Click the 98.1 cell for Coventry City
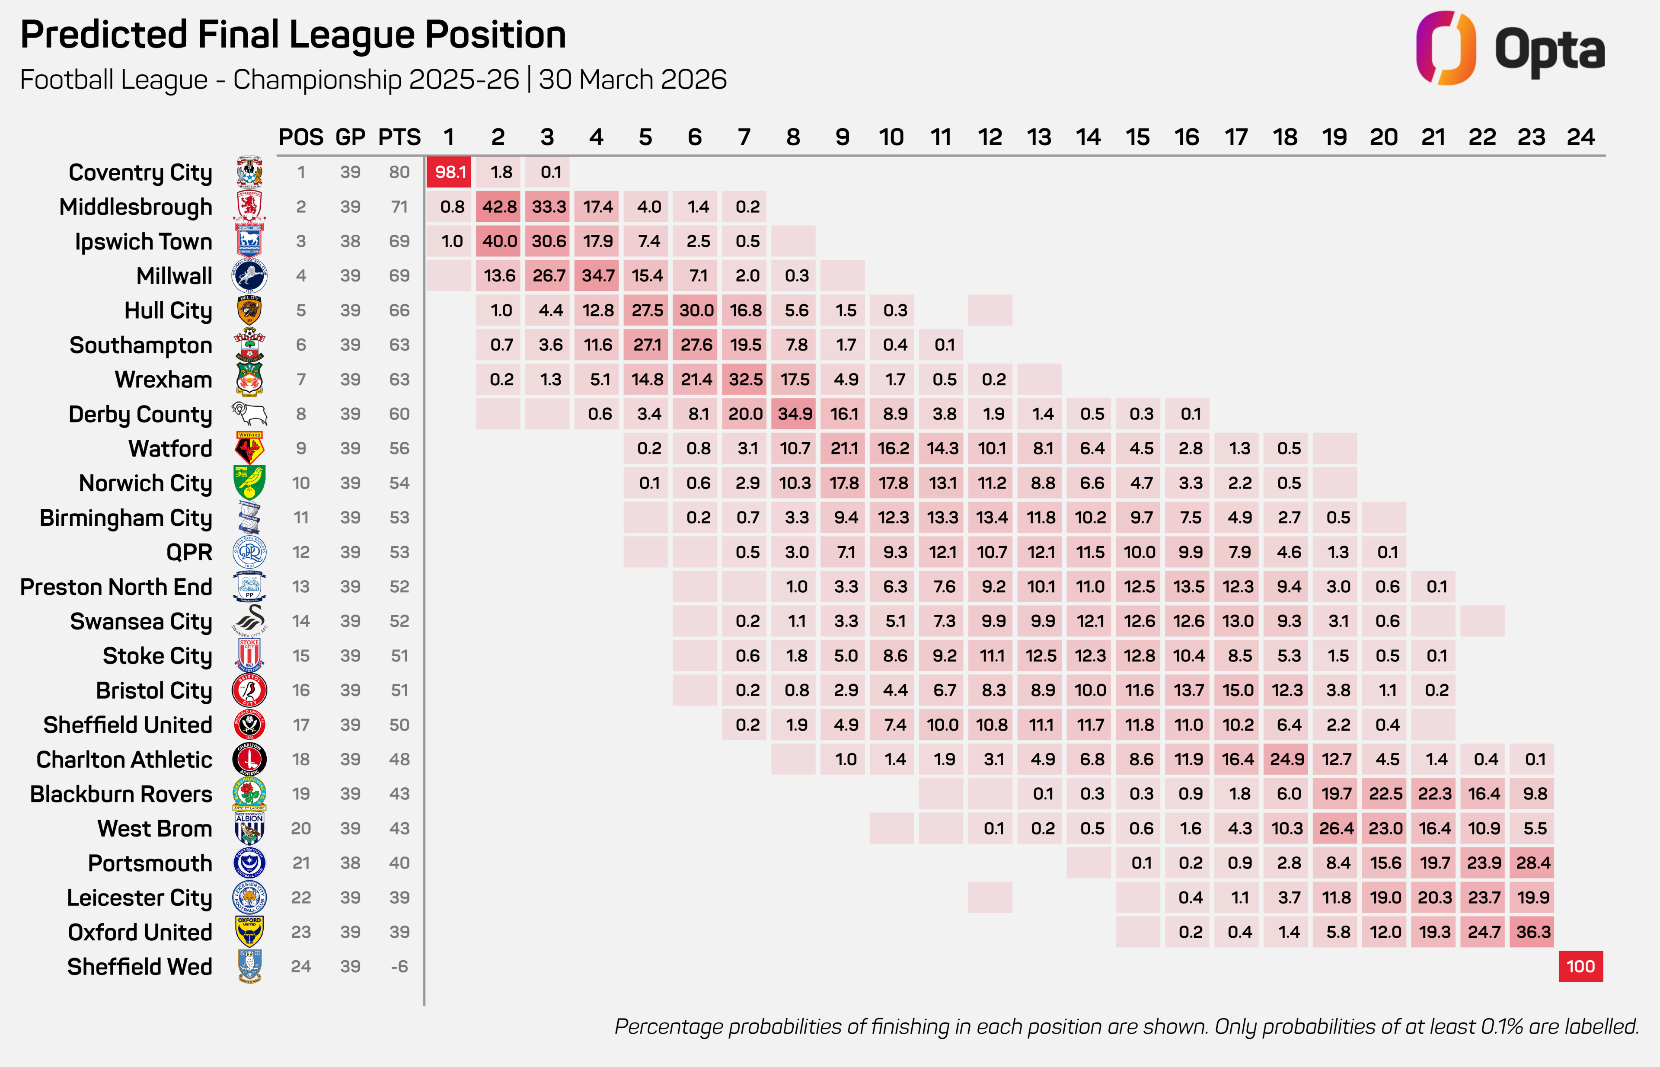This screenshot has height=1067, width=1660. tap(449, 172)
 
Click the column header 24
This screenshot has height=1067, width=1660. tap(1580, 137)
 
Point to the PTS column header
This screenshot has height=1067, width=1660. tap(399, 137)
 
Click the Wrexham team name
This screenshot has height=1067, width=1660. tap(163, 380)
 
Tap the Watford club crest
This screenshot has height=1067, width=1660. tap(249, 448)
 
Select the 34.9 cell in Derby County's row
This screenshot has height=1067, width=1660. tap(794, 414)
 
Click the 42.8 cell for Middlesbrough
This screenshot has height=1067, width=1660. tap(500, 207)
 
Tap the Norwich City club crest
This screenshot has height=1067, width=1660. tap(249, 483)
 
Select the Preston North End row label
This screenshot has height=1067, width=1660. tap(116, 587)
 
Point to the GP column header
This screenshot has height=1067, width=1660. tap(350, 137)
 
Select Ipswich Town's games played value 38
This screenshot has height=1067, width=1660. tap(350, 241)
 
